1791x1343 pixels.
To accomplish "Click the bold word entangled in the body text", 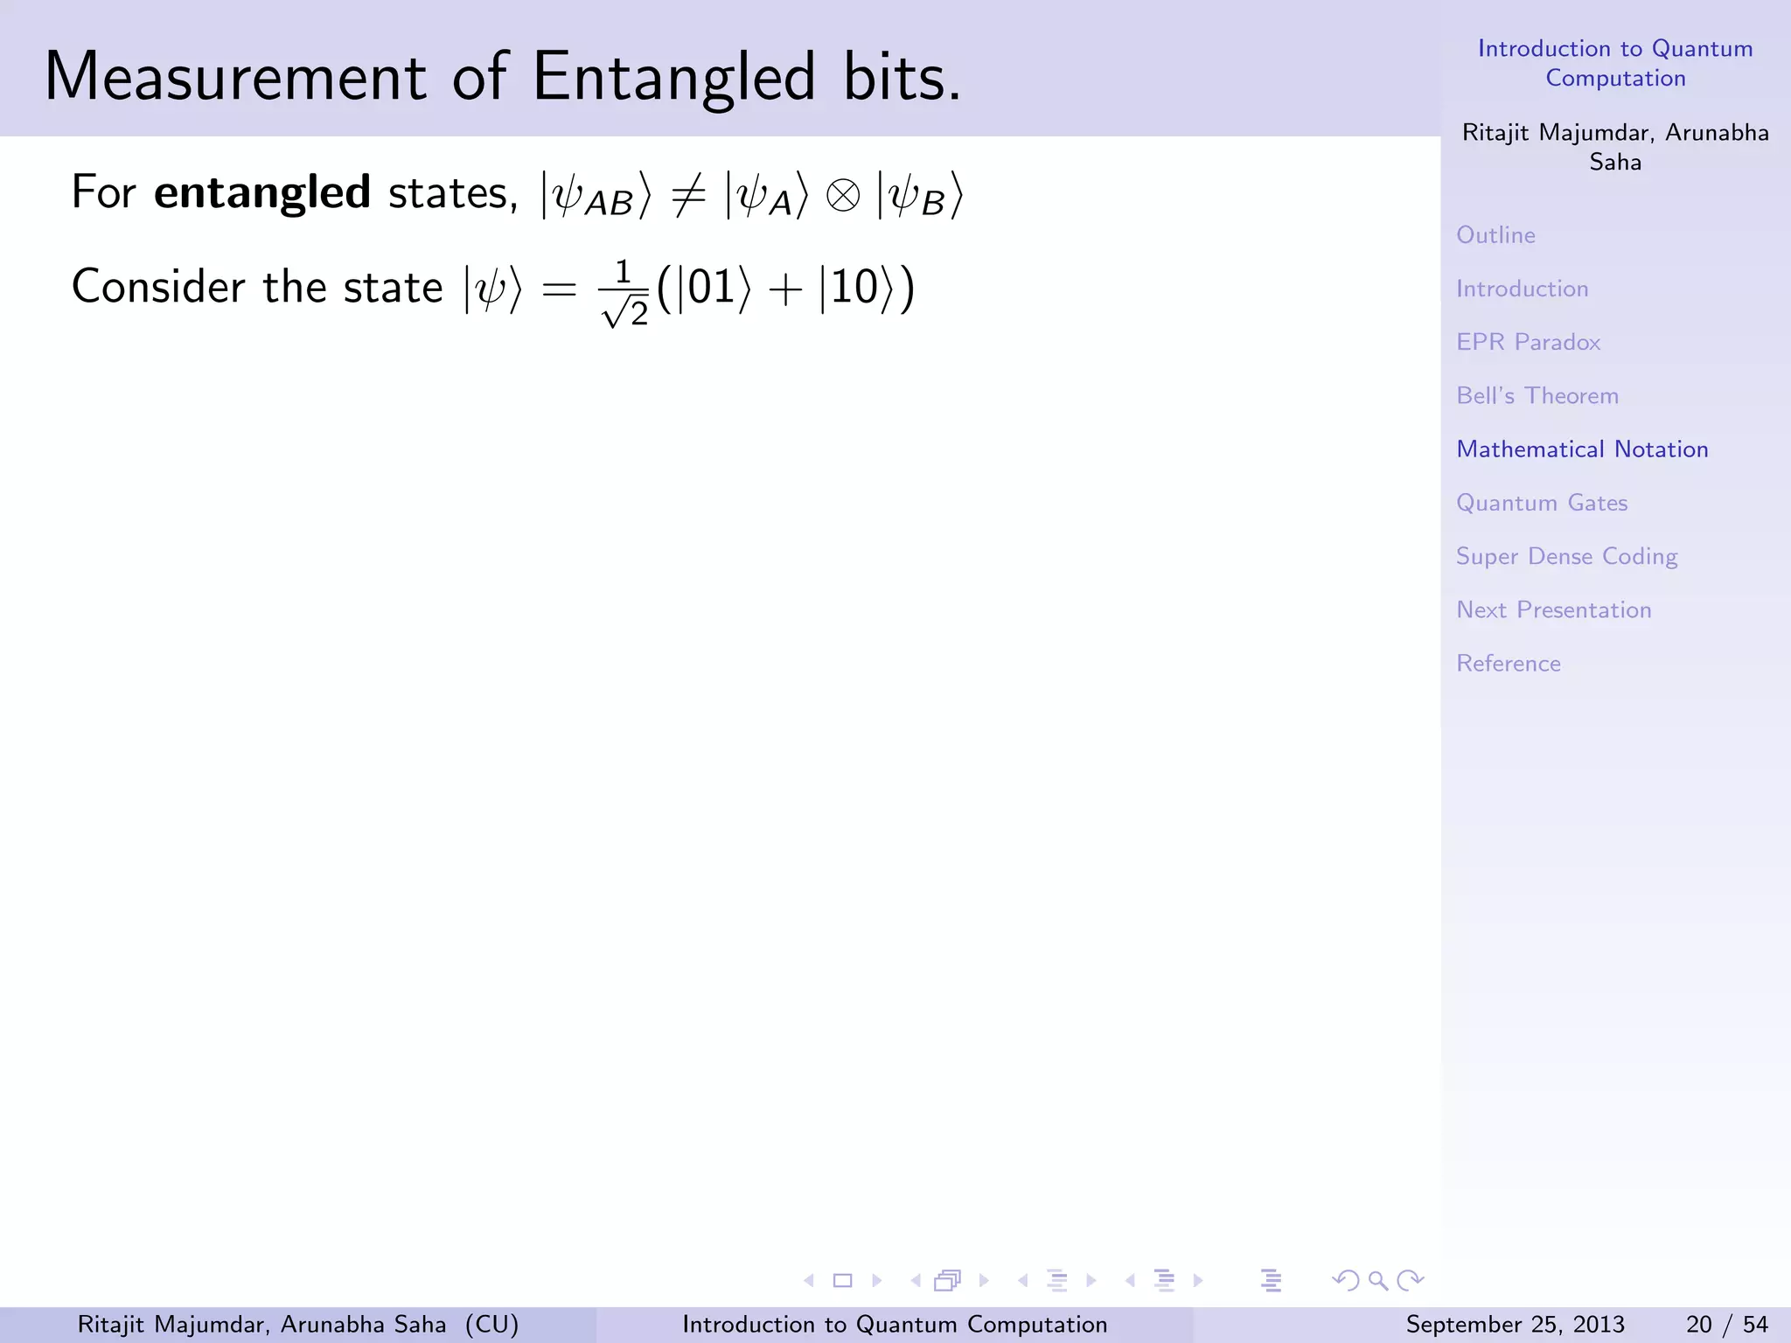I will (x=261, y=193).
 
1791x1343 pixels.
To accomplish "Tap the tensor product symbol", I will (x=843, y=195).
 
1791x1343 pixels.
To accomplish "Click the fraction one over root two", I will (x=624, y=293).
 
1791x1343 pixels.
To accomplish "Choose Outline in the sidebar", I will (x=1495, y=235).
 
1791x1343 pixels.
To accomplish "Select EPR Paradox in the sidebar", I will (x=1528, y=342).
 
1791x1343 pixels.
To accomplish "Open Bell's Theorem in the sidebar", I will (x=1537, y=396).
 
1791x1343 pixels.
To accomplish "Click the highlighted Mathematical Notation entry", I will (x=1582, y=449).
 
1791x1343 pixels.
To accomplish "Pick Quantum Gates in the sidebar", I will (x=1542, y=503).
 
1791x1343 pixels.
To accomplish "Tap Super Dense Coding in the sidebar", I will (x=1566, y=557).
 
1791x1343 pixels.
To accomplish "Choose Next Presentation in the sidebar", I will (x=1553, y=610).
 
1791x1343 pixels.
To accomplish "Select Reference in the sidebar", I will (x=1508, y=664).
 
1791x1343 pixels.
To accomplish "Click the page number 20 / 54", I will (x=1726, y=1325).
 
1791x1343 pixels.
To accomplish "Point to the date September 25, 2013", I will (x=1515, y=1325).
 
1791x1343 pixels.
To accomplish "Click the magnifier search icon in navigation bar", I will (x=1377, y=1281).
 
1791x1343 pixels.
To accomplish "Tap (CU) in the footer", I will (x=491, y=1325).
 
